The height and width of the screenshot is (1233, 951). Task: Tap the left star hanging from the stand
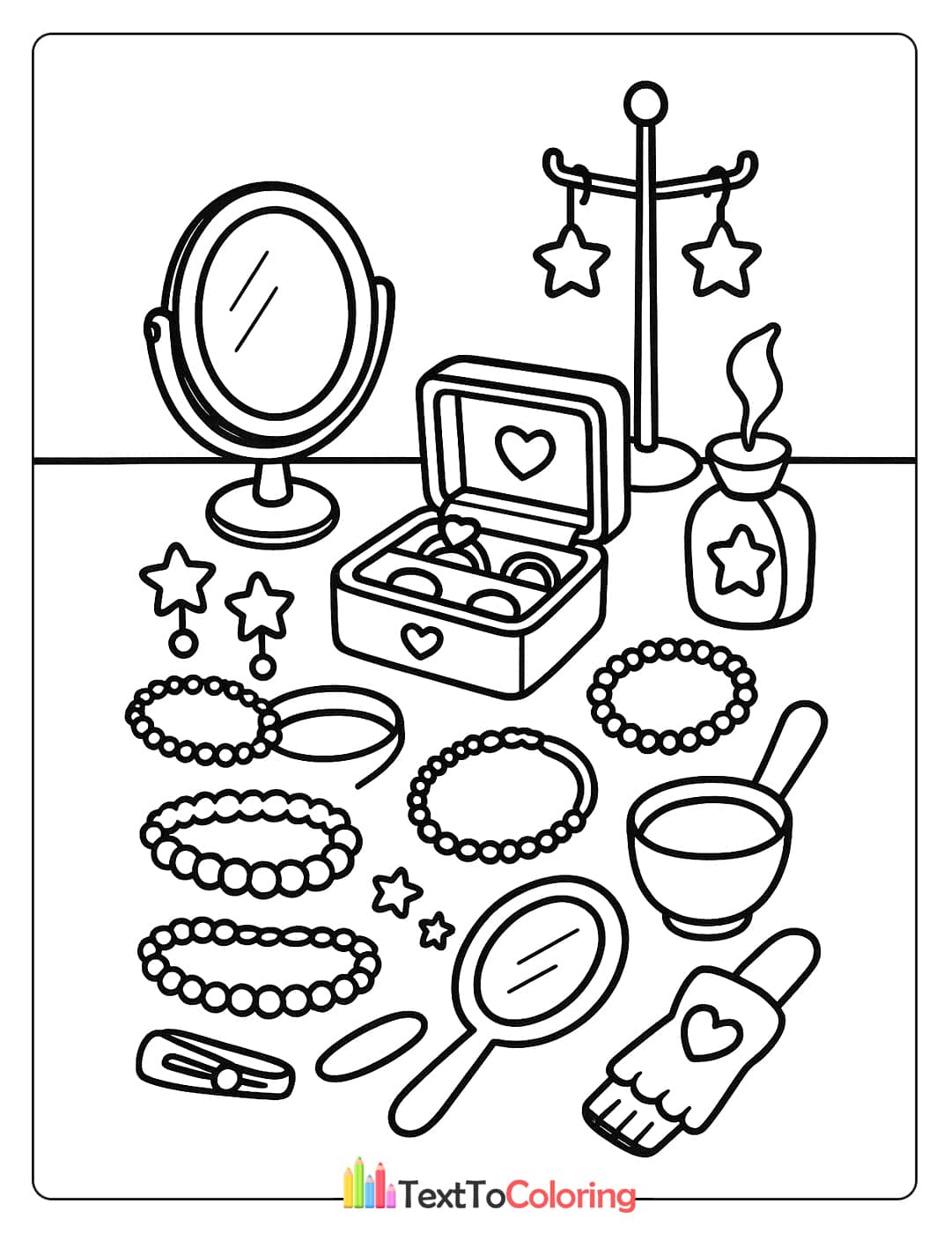click(571, 261)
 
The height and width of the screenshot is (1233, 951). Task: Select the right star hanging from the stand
click(721, 259)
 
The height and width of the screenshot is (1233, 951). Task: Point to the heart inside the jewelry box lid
click(526, 450)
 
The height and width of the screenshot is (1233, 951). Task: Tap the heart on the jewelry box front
click(418, 640)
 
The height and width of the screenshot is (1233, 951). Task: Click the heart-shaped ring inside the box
click(460, 534)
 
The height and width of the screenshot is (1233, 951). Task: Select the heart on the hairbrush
click(705, 1031)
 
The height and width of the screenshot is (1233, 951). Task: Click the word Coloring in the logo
click(571, 1195)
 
